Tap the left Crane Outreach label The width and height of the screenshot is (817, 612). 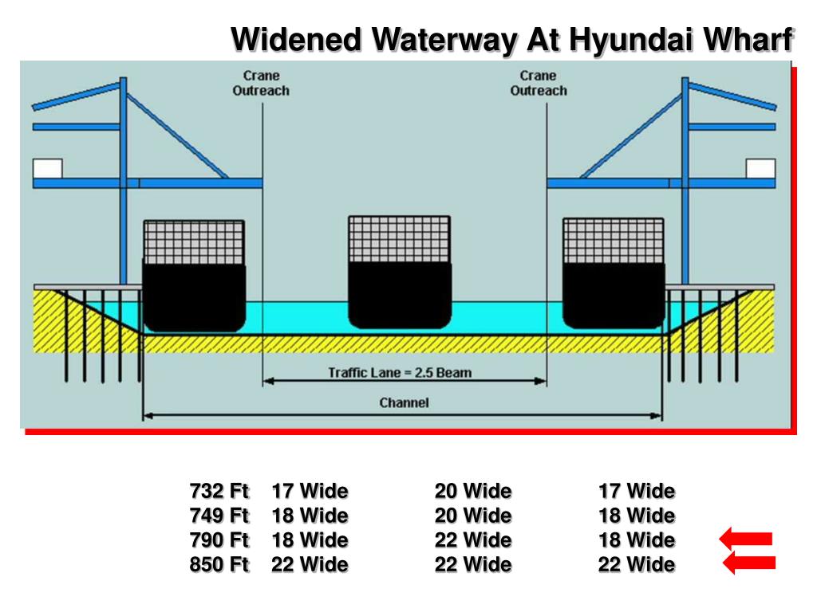pyautogui.click(x=261, y=83)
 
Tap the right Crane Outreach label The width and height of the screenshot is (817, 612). pyautogui.click(x=539, y=83)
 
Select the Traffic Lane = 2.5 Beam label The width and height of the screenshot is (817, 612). pyautogui.click(x=400, y=372)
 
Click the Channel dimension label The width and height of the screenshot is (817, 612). pyautogui.click(x=404, y=402)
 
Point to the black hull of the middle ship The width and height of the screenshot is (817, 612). pyautogui.click(x=400, y=294)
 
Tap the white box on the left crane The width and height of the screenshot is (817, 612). pyautogui.click(x=47, y=168)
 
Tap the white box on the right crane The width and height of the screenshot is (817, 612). pyautogui.click(x=760, y=168)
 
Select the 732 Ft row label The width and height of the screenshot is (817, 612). pyautogui.click(x=219, y=490)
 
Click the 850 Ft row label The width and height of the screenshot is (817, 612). pyautogui.click(x=219, y=565)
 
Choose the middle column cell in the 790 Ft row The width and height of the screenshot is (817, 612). pyautogui.click(x=473, y=540)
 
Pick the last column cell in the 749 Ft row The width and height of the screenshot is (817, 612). pyautogui.click(x=637, y=515)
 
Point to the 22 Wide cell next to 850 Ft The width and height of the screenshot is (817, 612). pyautogui.click(x=310, y=565)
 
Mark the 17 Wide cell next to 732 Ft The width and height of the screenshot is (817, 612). pyautogui.click(x=310, y=490)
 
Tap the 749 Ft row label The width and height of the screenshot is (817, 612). pyautogui.click(x=219, y=515)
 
